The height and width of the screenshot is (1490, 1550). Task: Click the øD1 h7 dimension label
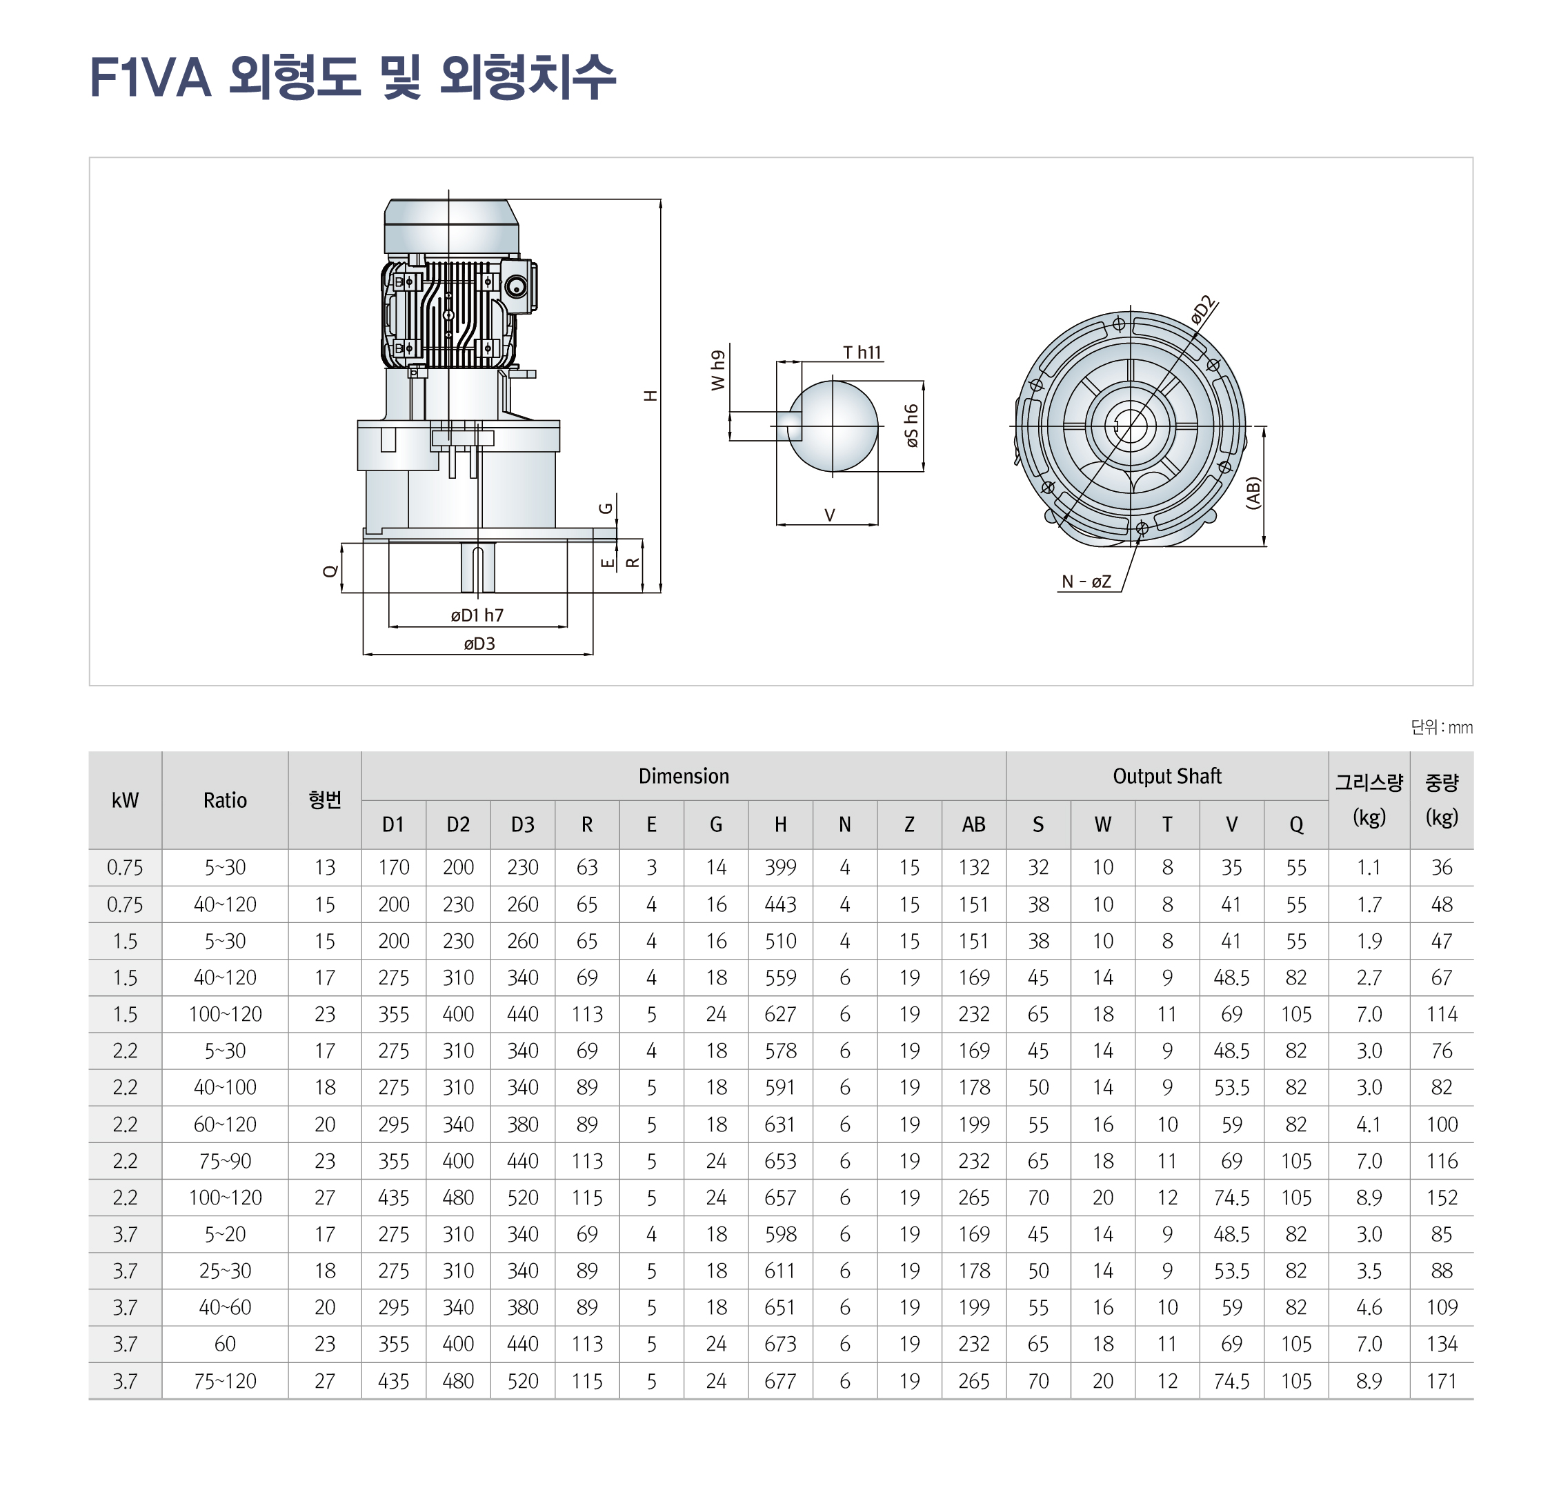(477, 615)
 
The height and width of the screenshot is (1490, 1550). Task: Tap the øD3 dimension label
(479, 644)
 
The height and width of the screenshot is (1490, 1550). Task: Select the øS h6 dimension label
(912, 426)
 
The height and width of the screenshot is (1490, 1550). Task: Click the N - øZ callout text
(1086, 582)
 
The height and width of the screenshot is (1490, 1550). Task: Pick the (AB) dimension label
(1253, 493)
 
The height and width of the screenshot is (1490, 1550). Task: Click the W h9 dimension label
(718, 370)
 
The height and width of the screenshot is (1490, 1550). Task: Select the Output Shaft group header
(1166, 776)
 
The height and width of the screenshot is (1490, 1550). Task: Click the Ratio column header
(225, 800)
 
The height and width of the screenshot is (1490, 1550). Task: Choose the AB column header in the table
(973, 825)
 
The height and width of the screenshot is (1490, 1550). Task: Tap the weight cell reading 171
(1441, 1382)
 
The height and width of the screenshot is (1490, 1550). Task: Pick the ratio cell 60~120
(225, 1124)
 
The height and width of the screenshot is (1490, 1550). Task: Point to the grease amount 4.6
(1368, 1308)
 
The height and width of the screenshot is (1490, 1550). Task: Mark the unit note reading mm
(1460, 728)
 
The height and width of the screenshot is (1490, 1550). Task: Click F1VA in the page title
(150, 77)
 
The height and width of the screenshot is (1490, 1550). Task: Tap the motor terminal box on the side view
(519, 286)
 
